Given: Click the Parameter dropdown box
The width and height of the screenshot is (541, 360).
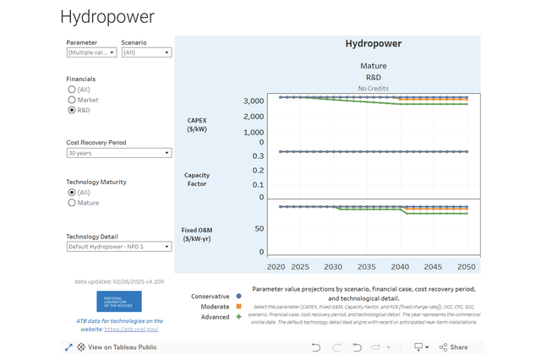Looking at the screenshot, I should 90,52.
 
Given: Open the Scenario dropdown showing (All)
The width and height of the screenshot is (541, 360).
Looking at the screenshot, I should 146,52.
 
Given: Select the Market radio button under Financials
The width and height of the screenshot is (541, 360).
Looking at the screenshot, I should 72,100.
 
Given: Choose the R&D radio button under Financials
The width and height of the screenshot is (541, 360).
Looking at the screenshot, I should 72,110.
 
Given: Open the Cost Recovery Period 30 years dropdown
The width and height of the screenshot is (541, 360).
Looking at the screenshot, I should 118,153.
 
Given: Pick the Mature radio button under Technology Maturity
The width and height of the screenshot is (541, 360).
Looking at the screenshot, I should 72,203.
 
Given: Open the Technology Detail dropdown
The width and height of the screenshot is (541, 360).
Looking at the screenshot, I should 118,247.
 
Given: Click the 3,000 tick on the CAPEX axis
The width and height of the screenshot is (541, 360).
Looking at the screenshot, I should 252,101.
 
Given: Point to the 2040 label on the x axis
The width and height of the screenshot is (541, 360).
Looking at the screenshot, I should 401,266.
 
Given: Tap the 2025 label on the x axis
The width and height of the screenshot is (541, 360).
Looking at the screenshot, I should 300,266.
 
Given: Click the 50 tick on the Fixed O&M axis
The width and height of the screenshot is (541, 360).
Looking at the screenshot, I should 260,229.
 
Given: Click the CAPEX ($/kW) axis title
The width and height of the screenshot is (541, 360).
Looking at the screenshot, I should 197,125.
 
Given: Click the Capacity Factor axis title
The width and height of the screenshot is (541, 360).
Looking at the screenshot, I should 197,180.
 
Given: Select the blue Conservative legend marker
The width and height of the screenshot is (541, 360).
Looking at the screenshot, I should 239,297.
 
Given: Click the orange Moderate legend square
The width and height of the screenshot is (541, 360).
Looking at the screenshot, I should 239,307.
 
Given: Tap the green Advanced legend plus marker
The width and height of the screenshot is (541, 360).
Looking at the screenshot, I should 239,317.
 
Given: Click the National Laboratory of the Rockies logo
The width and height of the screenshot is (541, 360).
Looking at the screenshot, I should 119,302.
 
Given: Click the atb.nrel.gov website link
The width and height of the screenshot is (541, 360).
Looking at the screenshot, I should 134,329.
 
